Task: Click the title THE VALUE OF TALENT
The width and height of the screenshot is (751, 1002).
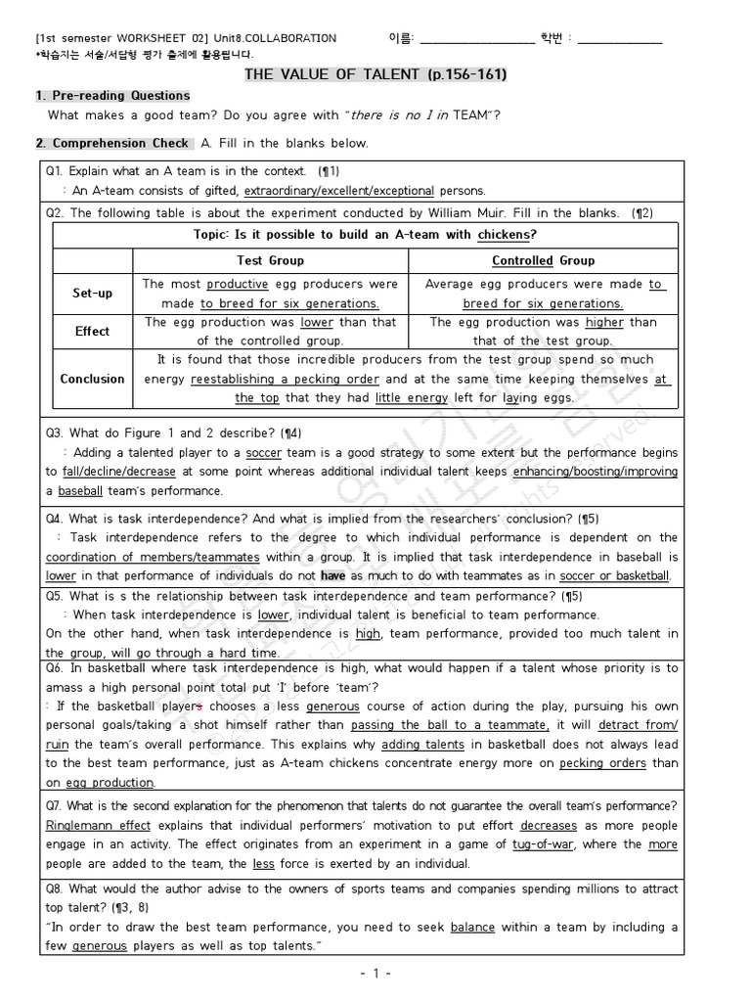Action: (375, 74)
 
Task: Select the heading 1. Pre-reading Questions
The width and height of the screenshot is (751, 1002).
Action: (112, 96)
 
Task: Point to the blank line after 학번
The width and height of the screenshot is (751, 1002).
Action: (620, 39)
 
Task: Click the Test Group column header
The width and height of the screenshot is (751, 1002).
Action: (270, 260)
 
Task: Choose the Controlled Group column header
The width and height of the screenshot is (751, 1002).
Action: (543, 260)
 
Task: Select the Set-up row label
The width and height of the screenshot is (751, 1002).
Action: (93, 294)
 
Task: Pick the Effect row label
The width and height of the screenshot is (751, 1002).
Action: (93, 331)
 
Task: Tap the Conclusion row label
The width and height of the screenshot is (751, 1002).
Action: (93, 379)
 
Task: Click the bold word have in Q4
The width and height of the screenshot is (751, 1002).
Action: (332, 576)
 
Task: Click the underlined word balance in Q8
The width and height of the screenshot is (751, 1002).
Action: (471, 927)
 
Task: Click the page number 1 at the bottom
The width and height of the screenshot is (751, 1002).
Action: (375, 975)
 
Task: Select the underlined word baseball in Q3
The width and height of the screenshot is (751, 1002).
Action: (80, 490)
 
